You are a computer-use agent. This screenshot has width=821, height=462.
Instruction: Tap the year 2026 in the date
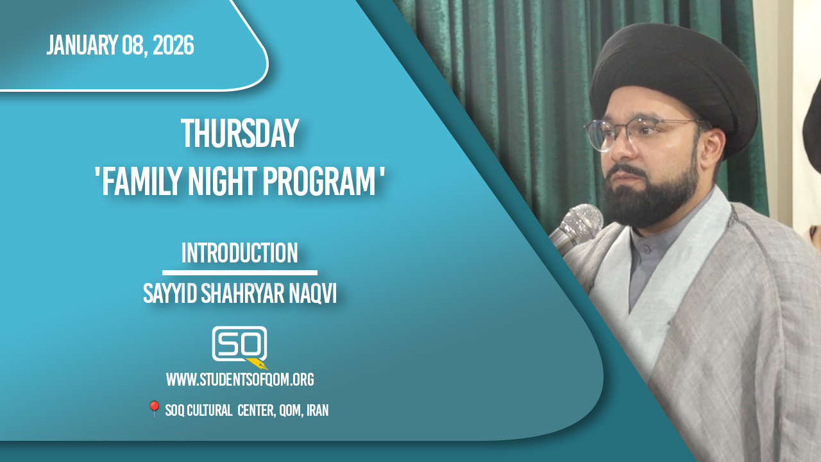coord(173,45)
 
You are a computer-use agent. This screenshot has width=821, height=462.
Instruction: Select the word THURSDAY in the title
coord(240,133)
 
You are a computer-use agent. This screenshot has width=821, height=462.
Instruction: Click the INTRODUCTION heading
coord(240,253)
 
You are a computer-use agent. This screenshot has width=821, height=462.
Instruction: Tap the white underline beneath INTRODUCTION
coord(240,273)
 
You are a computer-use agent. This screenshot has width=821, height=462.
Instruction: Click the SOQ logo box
coord(239,343)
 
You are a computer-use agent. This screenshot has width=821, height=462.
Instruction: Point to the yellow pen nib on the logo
coord(257,364)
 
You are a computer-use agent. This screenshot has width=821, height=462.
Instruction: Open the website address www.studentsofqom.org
coord(240,379)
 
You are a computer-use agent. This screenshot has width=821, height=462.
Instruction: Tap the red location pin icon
coord(154,409)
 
